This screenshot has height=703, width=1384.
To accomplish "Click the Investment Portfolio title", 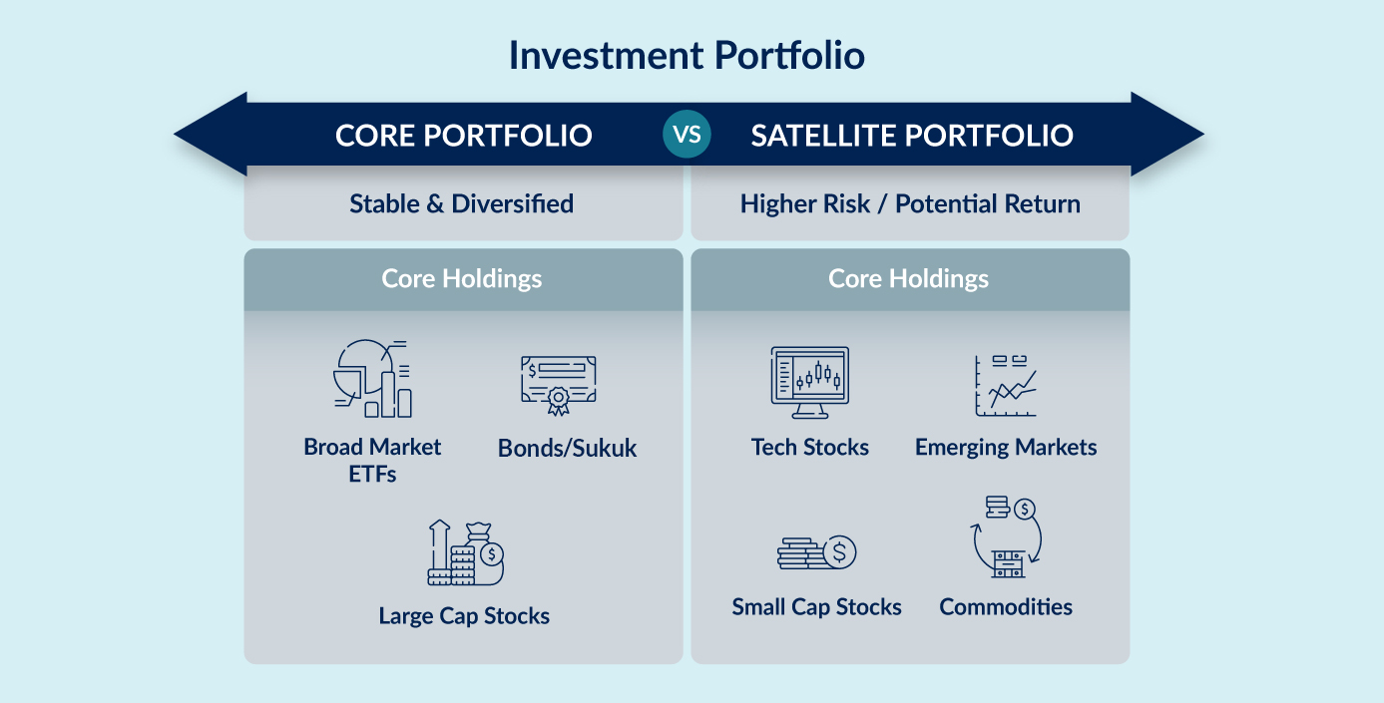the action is coord(687,56).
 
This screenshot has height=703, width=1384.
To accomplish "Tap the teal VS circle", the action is coord(687,134).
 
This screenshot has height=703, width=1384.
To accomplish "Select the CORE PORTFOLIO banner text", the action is coord(463,136).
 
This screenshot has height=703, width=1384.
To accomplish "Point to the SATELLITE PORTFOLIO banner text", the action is coord(912,136).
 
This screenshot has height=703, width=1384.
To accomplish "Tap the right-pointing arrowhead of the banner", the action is coord(1165,134).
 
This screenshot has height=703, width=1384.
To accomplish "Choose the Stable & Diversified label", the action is coord(462,203).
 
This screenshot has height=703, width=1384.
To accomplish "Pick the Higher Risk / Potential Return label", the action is coord(910,203).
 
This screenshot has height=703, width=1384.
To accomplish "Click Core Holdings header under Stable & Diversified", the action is coord(462,279).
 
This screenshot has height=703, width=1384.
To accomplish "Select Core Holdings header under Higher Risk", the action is coord(908,279).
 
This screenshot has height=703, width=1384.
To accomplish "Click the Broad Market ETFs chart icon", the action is coord(372,378).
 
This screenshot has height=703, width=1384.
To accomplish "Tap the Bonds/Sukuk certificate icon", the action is coord(559,385).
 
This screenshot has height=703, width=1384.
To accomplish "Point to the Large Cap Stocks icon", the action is coord(465,552).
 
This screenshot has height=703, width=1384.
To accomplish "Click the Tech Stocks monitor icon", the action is coord(810,383).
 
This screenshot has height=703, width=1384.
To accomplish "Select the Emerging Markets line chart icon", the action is coord(1006,386).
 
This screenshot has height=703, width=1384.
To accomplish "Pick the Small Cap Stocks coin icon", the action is coord(817,552).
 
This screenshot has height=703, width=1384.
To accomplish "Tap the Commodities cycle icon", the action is coord(1007,536).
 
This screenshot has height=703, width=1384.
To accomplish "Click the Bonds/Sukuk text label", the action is coord(567,448).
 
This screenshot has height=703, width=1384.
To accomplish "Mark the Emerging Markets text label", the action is coord(1006,448).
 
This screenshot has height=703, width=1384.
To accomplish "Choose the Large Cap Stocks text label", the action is coord(464,616).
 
